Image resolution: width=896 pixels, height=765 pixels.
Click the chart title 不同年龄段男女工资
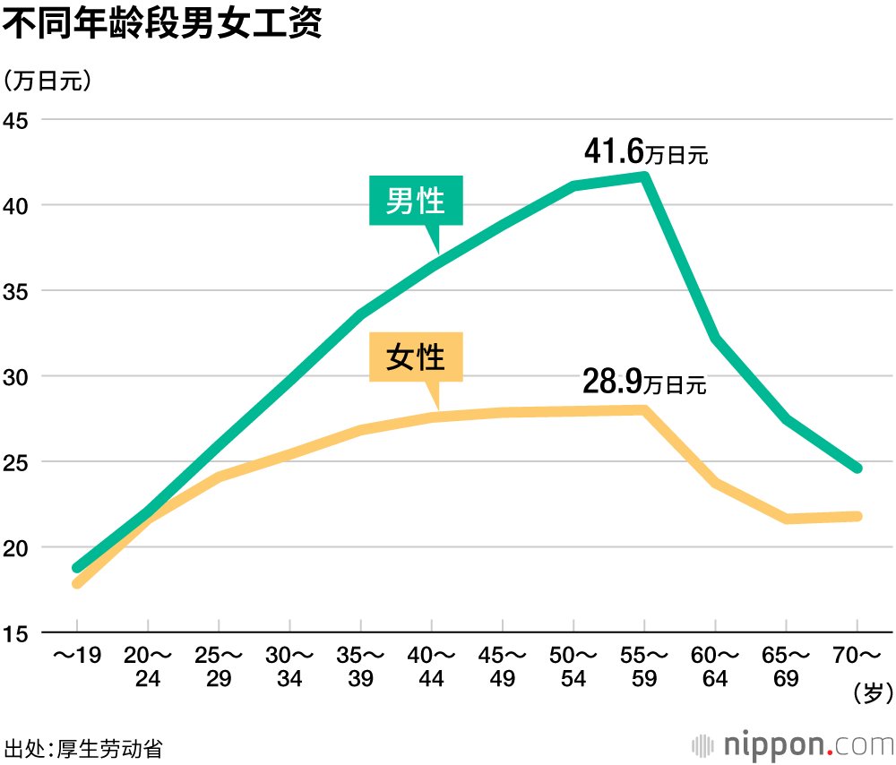click(162, 23)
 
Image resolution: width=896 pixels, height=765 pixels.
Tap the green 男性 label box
click(417, 200)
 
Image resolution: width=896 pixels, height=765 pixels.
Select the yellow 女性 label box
click(417, 357)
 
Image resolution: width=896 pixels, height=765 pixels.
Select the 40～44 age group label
click(431, 666)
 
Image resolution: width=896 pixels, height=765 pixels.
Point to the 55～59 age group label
click(644, 666)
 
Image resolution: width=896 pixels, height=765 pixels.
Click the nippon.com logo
click(793, 744)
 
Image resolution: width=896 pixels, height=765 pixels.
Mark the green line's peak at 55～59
click(644, 176)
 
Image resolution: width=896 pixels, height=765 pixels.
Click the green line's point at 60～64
click(715, 339)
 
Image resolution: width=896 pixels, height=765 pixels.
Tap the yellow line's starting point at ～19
click(77, 583)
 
